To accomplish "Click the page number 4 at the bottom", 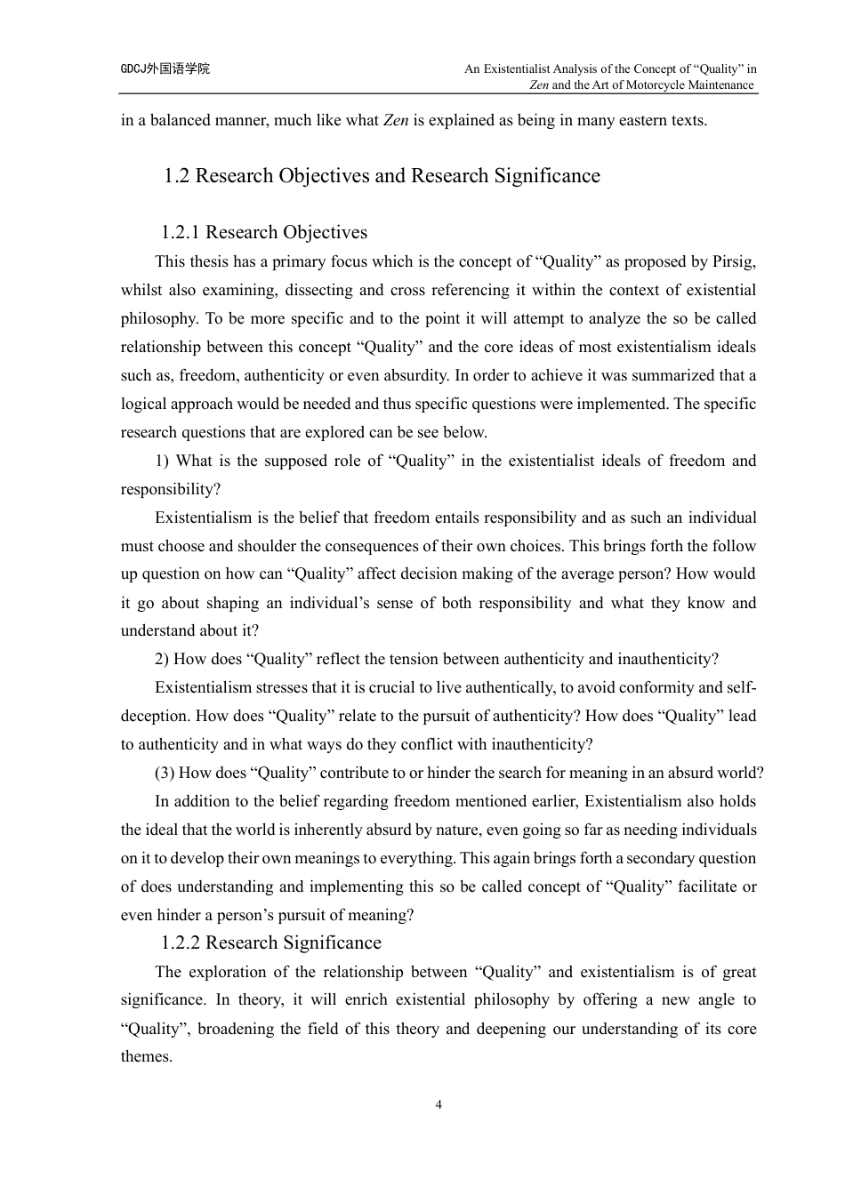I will click(x=439, y=1105).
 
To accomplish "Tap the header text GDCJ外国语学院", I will click(x=165, y=68).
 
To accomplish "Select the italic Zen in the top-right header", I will click(x=539, y=85).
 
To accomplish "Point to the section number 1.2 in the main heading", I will click(x=177, y=176).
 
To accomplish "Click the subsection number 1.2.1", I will click(x=181, y=233).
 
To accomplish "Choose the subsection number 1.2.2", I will click(x=181, y=943).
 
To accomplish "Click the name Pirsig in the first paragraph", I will click(x=733, y=261).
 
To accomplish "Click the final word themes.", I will click(x=145, y=1056).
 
